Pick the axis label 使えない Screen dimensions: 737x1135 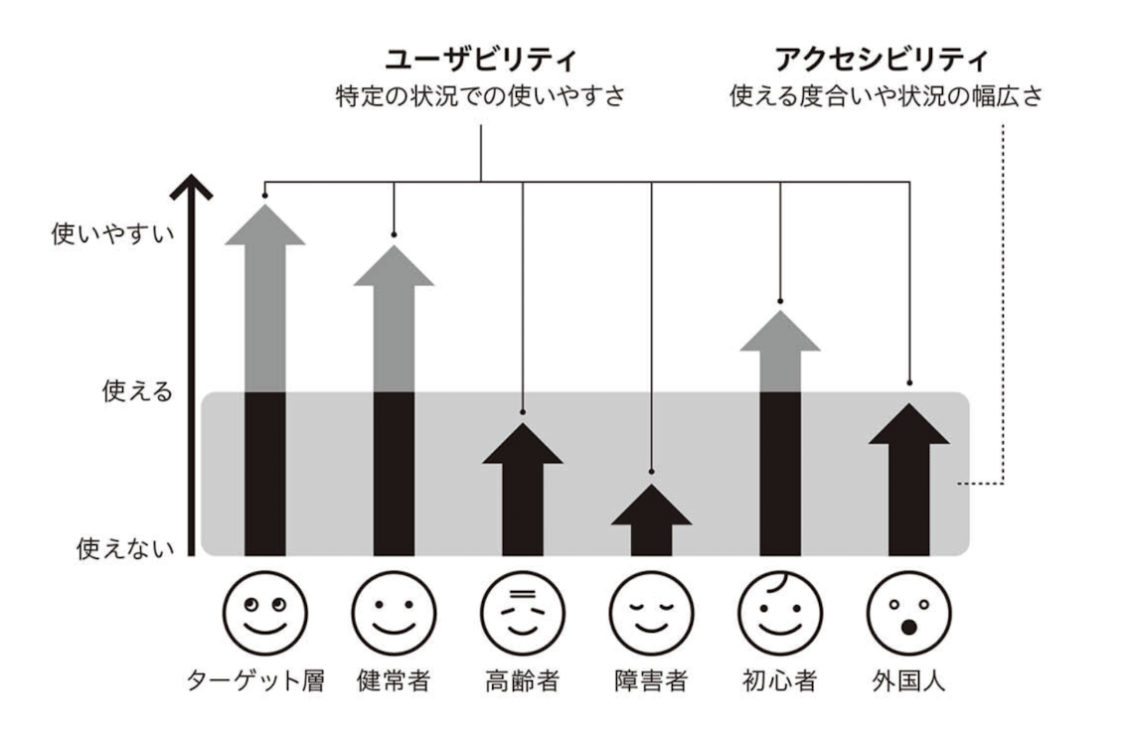pyautogui.click(x=125, y=547)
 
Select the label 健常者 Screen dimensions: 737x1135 pyautogui.click(x=394, y=682)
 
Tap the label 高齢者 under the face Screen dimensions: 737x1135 pyautogui.click(x=523, y=682)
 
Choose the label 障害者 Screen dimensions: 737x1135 pyautogui.click(x=651, y=682)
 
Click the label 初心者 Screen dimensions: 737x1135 pyautogui.click(x=780, y=682)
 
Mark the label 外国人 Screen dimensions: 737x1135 pyautogui.click(x=908, y=682)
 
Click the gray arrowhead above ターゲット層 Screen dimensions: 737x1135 pyautogui.click(x=264, y=224)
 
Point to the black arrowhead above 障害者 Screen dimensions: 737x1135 pyautogui.click(x=651, y=507)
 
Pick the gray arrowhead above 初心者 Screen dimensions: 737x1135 pyautogui.click(x=780, y=333)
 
